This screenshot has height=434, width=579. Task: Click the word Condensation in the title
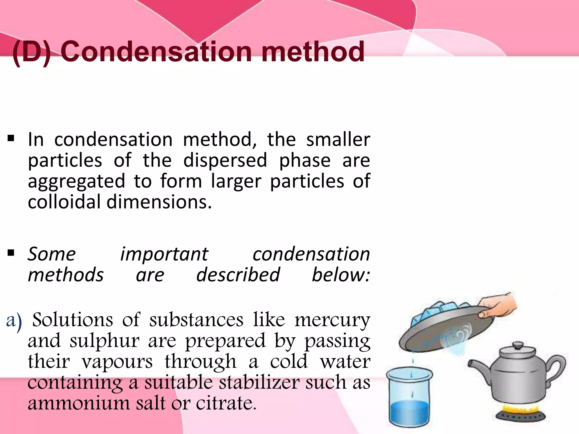(x=156, y=51)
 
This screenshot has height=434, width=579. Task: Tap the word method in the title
(x=313, y=51)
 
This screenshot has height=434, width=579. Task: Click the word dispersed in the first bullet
(x=225, y=160)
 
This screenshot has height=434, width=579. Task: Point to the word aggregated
(x=76, y=182)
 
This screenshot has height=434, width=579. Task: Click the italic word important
(x=164, y=254)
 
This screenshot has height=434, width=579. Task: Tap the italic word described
(x=238, y=275)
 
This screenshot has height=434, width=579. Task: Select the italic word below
(x=341, y=275)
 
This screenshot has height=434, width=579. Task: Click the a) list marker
(x=14, y=321)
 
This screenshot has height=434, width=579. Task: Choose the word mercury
(x=332, y=320)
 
